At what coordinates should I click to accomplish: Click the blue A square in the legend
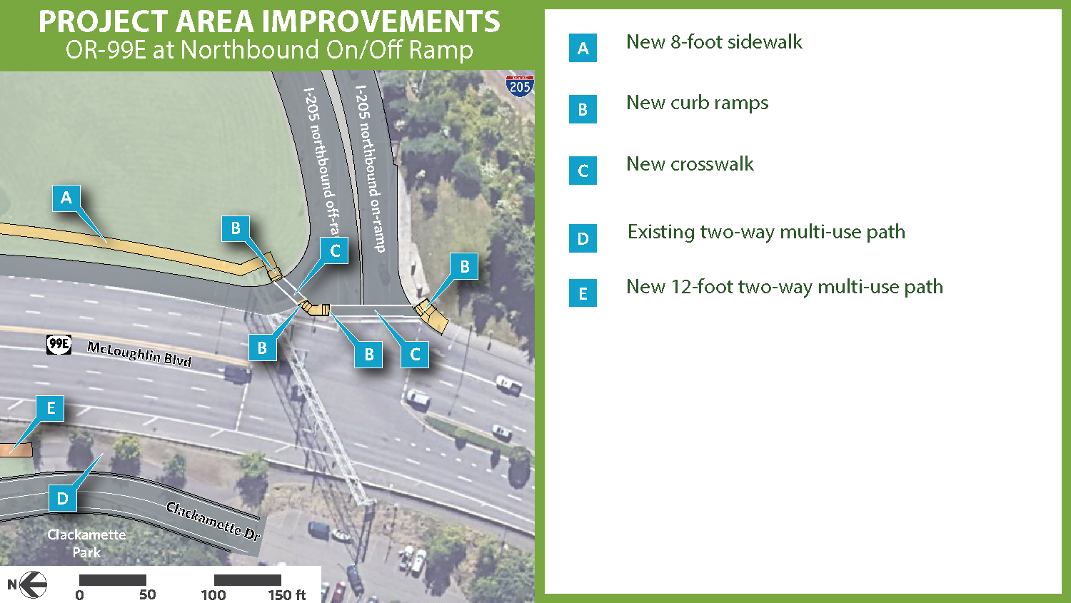[583, 49]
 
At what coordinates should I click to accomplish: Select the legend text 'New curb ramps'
[697, 103]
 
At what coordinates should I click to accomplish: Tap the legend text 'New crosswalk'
[690, 164]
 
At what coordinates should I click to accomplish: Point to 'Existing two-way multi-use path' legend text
[766, 233]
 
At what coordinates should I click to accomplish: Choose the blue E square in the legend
[583, 293]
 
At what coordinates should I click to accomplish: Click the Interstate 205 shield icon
[519, 86]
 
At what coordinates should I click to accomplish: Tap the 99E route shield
[59, 345]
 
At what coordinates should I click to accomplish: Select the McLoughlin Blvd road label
[139, 353]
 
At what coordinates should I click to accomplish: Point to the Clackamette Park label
[86, 543]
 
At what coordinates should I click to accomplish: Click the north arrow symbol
[32, 584]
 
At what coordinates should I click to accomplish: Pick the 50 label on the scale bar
[147, 595]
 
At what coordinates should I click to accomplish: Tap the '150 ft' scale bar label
[286, 595]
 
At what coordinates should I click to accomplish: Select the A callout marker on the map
[66, 198]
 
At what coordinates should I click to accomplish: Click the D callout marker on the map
[63, 498]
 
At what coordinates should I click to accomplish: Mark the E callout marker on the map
[51, 408]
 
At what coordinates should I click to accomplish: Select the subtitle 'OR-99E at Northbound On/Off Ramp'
[269, 50]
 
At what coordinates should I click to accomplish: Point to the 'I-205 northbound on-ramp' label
[371, 168]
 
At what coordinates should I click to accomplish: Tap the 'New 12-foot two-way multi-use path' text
[784, 287]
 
